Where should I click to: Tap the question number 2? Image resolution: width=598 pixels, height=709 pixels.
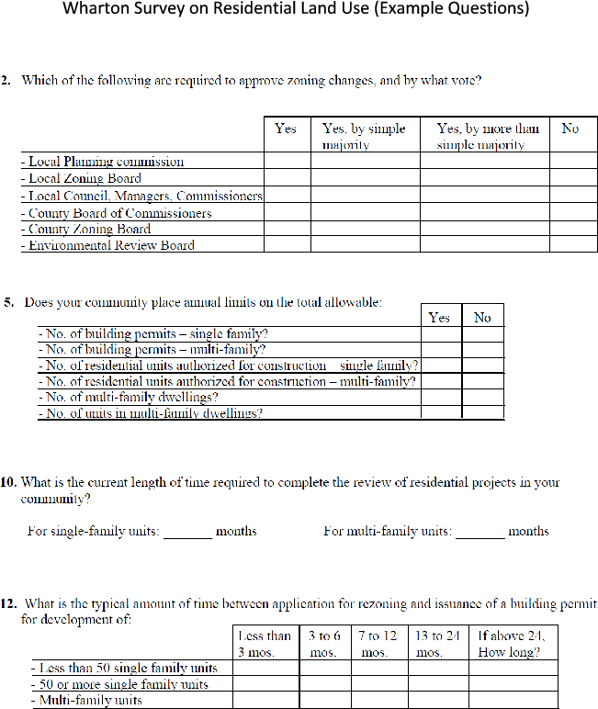[6, 81]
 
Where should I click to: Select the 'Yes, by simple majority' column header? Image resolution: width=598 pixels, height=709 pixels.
[364, 136]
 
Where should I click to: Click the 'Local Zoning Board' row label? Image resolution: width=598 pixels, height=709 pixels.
[84, 179]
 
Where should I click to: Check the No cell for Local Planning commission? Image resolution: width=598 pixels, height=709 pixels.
[573, 162]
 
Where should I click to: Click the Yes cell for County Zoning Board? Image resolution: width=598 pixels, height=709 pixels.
[287, 230]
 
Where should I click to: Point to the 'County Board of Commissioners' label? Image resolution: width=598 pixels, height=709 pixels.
[119, 213]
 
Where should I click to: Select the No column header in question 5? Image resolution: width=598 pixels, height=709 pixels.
[482, 318]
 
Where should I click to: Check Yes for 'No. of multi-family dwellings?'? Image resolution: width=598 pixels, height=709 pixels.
[440, 398]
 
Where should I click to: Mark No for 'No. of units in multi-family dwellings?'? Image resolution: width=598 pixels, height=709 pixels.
[482, 413]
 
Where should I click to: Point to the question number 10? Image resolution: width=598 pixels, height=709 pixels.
[9, 482]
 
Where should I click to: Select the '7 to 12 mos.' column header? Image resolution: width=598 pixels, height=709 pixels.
[378, 644]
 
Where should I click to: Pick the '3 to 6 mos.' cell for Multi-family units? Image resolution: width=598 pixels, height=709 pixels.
[324, 701]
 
